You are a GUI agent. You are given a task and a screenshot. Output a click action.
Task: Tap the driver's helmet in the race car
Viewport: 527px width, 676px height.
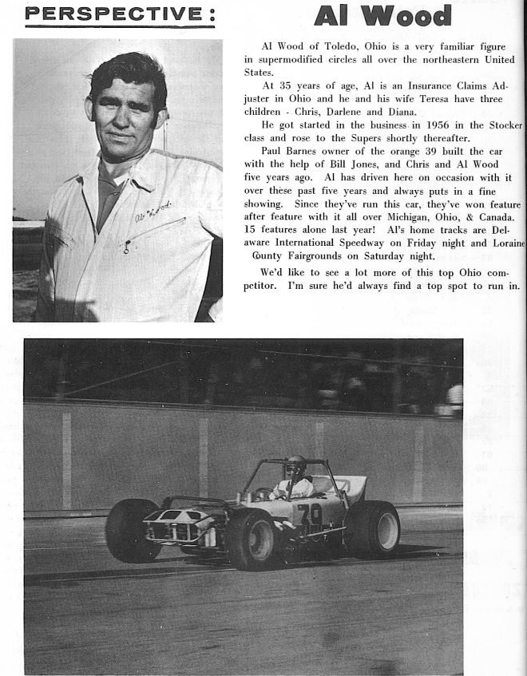[295, 465]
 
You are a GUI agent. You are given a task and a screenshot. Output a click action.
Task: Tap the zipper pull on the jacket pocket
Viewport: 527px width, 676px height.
[127, 247]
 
